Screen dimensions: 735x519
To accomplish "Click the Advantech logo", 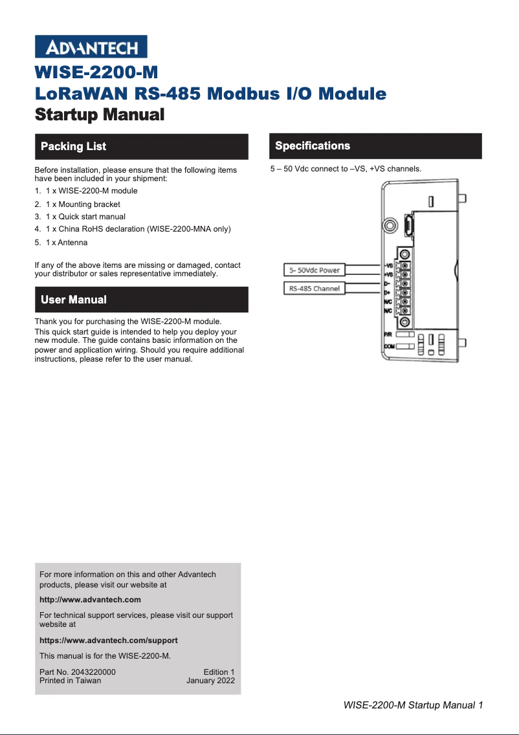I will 91,47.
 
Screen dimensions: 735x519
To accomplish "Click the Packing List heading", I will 73,146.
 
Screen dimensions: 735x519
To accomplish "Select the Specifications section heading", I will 313,146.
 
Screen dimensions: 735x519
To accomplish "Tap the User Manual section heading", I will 73,300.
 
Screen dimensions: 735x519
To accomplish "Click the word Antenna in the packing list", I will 72,243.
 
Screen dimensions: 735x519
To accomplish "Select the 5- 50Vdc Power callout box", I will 315,270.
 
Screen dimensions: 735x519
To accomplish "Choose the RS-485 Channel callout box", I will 315,288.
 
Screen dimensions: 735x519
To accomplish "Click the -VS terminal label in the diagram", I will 388,266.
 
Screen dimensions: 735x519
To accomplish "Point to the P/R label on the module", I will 388,335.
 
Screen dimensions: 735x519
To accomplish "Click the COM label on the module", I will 388,347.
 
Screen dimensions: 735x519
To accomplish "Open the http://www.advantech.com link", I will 90,600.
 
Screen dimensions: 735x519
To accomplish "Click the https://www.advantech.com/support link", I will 108,640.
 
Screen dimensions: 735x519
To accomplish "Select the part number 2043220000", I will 94,672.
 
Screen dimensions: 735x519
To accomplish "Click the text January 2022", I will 210,681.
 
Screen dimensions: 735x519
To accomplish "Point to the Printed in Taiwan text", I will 70,681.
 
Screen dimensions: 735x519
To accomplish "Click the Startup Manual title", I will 99,115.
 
